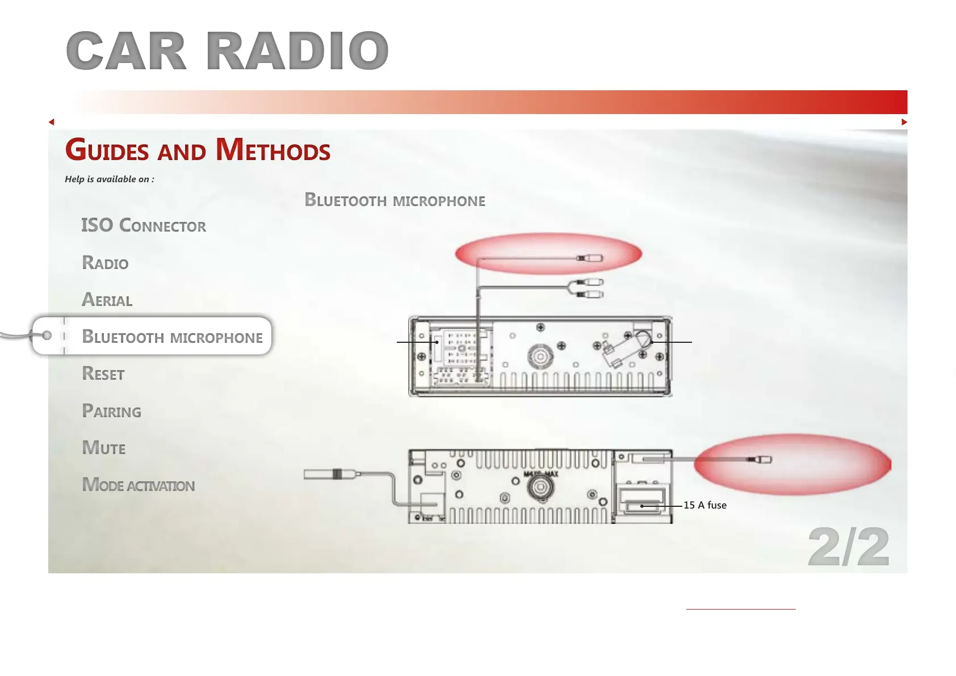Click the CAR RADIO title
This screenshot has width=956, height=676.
pyautogui.click(x=227, y=51)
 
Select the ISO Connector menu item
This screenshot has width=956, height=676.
pyautogui.click(x=144, y=225)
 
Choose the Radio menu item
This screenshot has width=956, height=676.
pyautogui.click(x=105, y=262)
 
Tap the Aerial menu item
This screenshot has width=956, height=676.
pyautogui.click(x=107, y=299)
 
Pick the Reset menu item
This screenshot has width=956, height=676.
pyautogui.click(x=103, y=373)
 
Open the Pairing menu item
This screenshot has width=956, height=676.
pyautogui.click(x=111, y=410)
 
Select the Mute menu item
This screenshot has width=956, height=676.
pyautogui.click(x=104, y=448)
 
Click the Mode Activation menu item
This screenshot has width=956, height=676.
pyautogui.click(x=138, y=485)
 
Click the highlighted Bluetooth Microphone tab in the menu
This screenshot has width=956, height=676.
pyautogui.click(x=172, y=336)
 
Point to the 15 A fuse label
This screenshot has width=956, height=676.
pyautogui.click(x=705, y=505)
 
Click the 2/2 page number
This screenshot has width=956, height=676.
pyautogui.click(x=849, y=547)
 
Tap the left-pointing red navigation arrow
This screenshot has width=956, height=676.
pyautogui.click(x=52, y=122)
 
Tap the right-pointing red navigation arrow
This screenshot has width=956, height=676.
pyautogui.click(x=904, y=122)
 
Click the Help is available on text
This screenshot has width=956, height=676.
pyautogui.click(x=109, y=179)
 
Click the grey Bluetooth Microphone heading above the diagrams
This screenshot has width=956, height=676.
pyautogui.click(x=395, y=200)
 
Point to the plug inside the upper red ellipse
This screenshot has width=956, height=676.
pyautogui.click(x=589, y=258)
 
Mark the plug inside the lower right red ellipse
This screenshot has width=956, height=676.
pyautogui.click(x=759, y=460)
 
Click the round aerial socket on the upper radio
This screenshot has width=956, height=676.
pyautogui.click(x=540, y=356)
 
